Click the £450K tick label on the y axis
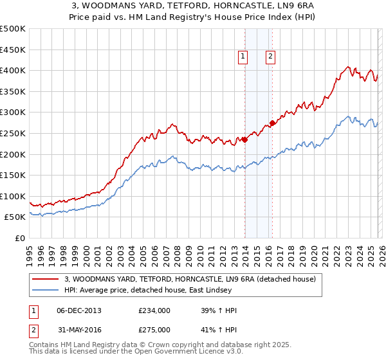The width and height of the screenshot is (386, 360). (13, 50)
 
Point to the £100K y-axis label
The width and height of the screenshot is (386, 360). (13, 196)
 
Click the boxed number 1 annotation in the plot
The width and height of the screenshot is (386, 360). (243, 57)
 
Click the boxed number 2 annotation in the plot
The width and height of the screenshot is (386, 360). (270, 57)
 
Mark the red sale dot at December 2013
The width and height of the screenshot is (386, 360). (245, 139)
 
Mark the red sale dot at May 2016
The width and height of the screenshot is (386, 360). (272, 123)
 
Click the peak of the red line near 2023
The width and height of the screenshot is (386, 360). (347, 66)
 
